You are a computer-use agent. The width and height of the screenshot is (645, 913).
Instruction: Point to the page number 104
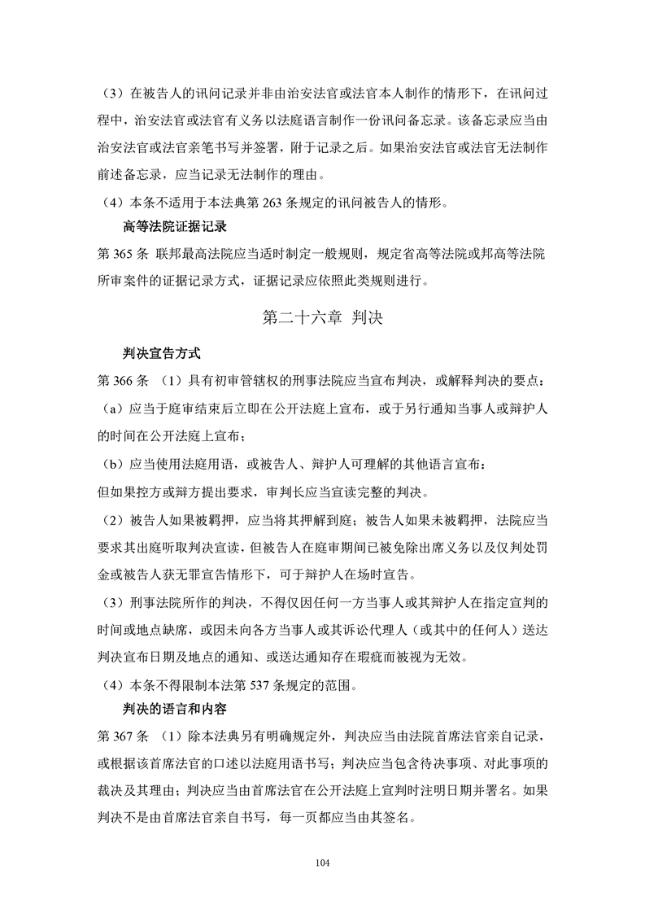pyautogui.click(x=323, y=862)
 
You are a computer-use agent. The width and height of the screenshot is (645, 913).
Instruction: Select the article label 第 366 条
pyautogui.click(x=121, y=381)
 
